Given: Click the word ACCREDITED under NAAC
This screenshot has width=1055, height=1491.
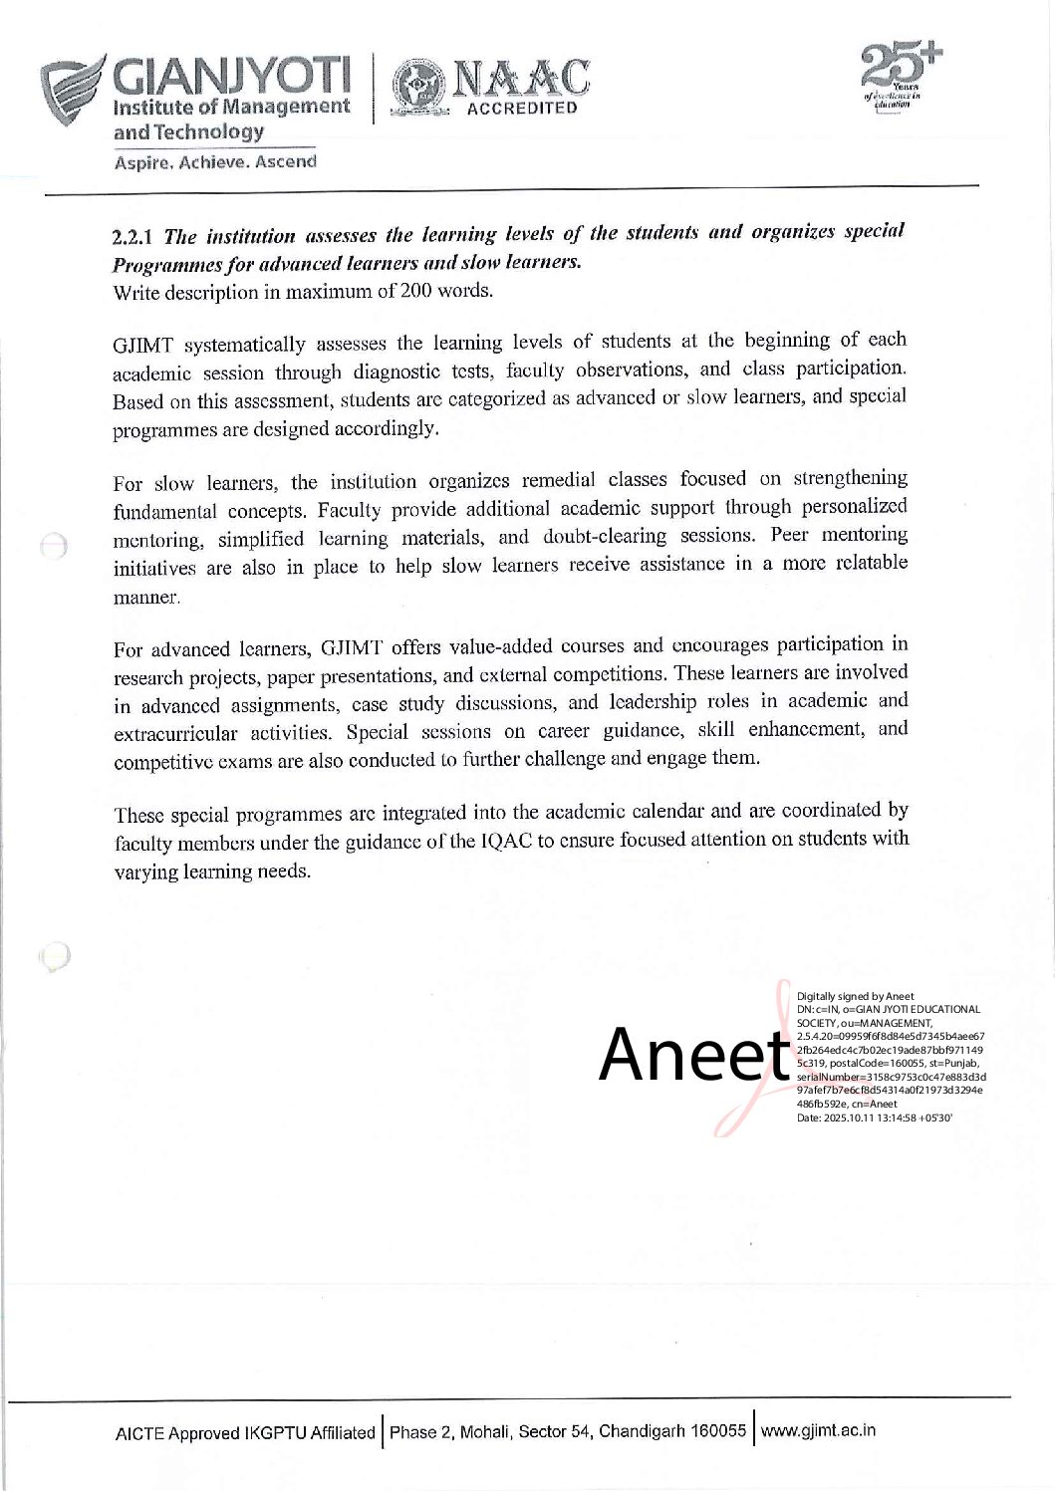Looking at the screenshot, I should pyautogui.click(x=522, y=109).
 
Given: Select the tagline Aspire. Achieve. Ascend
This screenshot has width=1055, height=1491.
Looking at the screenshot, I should pyautogui.click(x=215, y=161).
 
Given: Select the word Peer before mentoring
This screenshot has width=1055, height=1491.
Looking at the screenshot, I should pyautogui.click(x=790, y=535).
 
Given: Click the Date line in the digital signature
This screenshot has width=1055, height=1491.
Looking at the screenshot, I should pyautogui.click(x=874, y=1118).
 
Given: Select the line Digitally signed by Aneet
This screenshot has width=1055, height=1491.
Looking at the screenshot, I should pyautogui.click(x=855, y=996).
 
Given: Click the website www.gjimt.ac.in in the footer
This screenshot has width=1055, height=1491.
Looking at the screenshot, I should pyautogui.click(x=819, y=1431).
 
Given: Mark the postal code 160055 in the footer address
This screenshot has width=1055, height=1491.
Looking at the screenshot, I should pyautogui.click(x=718, y=1431).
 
